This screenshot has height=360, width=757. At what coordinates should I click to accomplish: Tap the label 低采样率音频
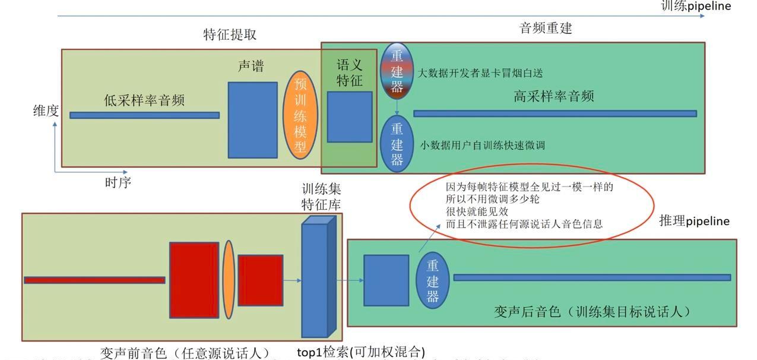(144, 100)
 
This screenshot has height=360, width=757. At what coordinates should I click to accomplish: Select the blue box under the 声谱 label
(252, 120)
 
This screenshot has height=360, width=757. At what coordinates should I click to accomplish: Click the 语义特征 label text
(349, 72)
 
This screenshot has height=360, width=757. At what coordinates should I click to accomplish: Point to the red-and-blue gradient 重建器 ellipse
(397, 71)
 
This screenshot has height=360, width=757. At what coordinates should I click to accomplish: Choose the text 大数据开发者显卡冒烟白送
(480, 73)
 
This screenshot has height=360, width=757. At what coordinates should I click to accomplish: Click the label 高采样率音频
(553, 96)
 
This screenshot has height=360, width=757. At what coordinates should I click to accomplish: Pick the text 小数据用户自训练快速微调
(482, 145)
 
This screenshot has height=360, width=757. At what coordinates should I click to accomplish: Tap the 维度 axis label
(46, 110)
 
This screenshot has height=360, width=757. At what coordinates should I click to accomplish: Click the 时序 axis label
(118, 182)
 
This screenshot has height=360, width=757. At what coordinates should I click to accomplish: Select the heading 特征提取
(230, 34)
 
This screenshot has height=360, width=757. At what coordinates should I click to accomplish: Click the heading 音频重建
(546, 28)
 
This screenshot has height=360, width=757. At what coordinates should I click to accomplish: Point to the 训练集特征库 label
(321, 197)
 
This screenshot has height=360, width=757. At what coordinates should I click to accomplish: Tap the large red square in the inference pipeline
(194, 280)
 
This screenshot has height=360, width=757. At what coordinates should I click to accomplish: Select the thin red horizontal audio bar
(94, 280)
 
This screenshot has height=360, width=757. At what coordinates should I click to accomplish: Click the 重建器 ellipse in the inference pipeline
(433, 281)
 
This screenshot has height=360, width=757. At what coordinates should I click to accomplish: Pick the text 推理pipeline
(694, 221)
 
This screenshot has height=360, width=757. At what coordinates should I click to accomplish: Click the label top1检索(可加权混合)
(360, 352)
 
